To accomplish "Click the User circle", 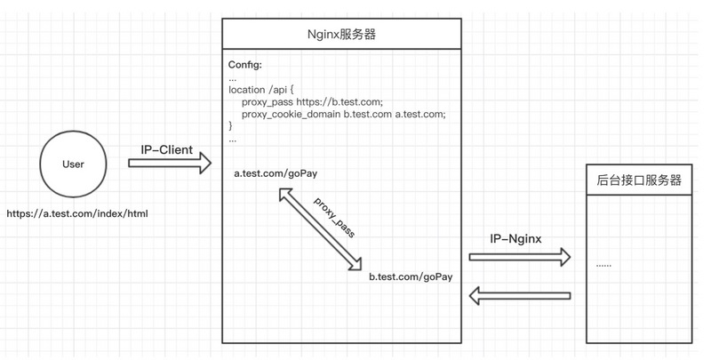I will coord(73,165).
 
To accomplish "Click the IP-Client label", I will coord(166,149).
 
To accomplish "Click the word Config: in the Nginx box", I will coord(245,64).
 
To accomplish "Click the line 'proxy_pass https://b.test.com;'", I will coord(312,102).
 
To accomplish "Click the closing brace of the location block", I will coord(231,127).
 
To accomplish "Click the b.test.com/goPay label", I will coord(411,276).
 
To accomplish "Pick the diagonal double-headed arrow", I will coord(321,230).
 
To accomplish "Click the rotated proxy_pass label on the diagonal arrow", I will coord(334,217).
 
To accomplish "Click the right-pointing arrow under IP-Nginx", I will coord(520,258).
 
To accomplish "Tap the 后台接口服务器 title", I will coord(639,180).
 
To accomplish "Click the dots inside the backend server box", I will coord(604,264).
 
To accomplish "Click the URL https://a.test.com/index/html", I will coord(76,214).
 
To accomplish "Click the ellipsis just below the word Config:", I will coord(233,77).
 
